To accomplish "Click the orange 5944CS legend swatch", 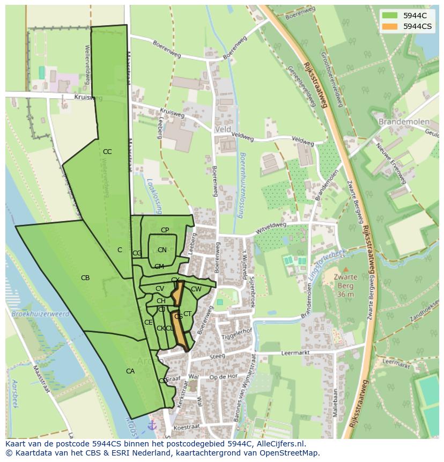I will click(390, 26).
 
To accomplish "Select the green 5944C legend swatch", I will click(390, 15).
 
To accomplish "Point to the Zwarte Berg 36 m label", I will click(346, 285).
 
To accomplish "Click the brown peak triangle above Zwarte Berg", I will click(346, 269).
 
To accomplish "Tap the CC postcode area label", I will click(107, 152).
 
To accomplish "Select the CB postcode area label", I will click(85, 278).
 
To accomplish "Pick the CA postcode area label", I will click(130, 371).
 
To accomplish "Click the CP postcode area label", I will click(165, 230).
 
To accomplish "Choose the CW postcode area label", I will click(196, 289).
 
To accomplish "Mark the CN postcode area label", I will click(162, 250).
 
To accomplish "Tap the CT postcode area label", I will click(188, 314).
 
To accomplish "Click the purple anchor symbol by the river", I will click(152, 425).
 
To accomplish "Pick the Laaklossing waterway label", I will click(149, 195).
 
